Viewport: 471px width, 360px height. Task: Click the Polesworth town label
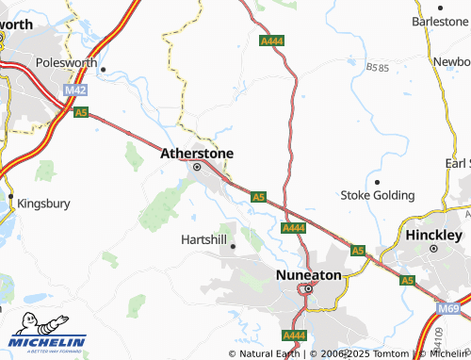(x=66, y=63)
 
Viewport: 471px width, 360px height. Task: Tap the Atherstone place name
(x=197, y=153)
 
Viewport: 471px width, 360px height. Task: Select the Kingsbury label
(x=44, y=202)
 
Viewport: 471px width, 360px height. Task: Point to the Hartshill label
(x=203, y=239)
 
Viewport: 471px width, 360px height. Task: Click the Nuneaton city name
(x=307, y=274)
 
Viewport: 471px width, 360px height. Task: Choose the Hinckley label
(x=433, y=234)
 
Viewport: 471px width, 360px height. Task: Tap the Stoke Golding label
(x=377, y=195)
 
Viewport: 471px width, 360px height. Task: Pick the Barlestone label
(x=441, y=21)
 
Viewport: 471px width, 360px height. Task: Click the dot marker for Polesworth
(x=103, y=69)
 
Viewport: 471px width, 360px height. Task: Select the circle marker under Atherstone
(x=197, y=168)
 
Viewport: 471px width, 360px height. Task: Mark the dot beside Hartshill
(x=233, y=247)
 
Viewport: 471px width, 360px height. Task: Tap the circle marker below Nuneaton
(x=307, y=289)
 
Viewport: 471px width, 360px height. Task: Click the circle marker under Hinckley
(x=433, y=249)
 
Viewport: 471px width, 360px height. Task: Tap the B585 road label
(x=379, y=68)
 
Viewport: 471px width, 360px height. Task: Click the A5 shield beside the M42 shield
(x=81, y=111)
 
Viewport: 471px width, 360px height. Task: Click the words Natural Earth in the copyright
(x=269, y=353)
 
